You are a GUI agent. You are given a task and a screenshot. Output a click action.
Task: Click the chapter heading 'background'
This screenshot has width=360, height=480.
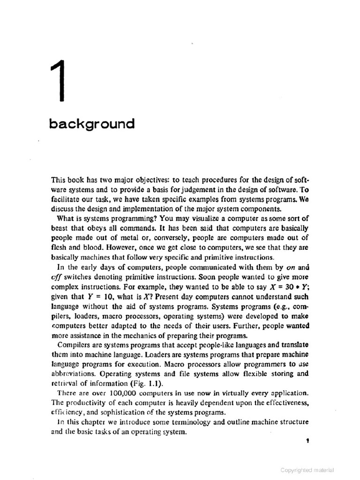[91, 124]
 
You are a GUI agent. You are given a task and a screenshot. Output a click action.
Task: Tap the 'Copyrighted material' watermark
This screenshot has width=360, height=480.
[307, 470]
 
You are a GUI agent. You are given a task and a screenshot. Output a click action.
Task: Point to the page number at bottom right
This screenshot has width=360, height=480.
[306, 442]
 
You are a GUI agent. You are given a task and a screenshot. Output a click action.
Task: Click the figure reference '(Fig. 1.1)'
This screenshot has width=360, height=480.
[144, 382]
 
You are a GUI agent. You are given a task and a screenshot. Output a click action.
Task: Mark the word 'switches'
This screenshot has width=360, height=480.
[79, 277]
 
